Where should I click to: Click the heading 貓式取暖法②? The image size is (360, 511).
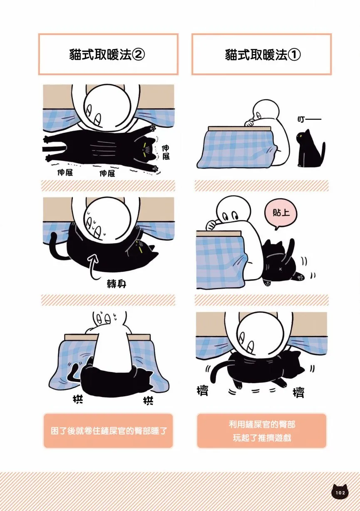(107, 55)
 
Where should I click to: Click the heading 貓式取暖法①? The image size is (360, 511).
(263, 55)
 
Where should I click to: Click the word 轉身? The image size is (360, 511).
(117, 284)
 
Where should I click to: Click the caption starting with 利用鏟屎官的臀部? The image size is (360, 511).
(262, 431)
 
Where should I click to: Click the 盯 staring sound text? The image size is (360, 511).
(309, 119)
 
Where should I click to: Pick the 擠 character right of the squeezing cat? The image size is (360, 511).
(298, 392)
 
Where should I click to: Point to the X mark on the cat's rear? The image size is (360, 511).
(280, 268)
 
